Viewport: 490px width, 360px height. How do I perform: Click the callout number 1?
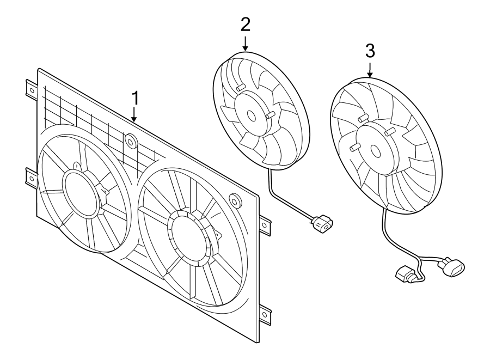click(x=136, y=98)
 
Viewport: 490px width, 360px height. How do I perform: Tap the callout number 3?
click(x=370, y=51)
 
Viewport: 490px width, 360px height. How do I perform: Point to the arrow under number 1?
click(x=134, y=114)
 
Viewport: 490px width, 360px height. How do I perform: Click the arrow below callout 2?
click(x=246, y=44)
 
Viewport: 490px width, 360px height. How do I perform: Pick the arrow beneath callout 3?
click(x=370, y=70)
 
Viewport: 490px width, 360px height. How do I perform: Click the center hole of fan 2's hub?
click(x=251, y=115)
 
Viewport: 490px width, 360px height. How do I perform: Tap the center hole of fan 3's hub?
click(x=375, y=151)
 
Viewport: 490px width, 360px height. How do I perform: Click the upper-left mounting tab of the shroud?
click(x=31, y=90)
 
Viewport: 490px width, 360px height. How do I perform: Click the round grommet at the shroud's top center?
click(x=131, y=141)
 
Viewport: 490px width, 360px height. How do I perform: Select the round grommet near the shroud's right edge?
click(x=235, y=200)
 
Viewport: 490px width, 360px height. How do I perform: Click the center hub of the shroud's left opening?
click(x=82, y=193)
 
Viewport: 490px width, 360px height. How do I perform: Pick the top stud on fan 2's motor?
click(x=240, y=87)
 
